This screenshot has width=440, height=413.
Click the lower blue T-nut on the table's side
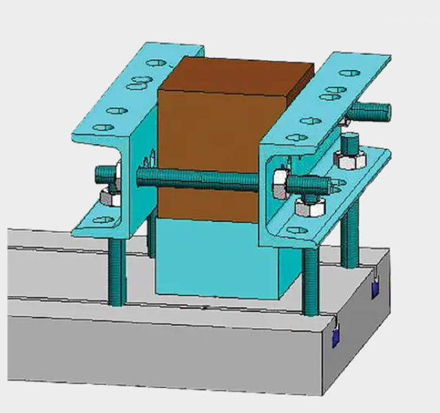pos(336,337)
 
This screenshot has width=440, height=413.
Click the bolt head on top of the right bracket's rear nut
pos(349,145)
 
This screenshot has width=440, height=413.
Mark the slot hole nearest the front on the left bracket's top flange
pos(100,127)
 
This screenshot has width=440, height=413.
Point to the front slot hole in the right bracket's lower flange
pos(298,230)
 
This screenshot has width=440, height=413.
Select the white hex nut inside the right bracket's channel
pos(280,182)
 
